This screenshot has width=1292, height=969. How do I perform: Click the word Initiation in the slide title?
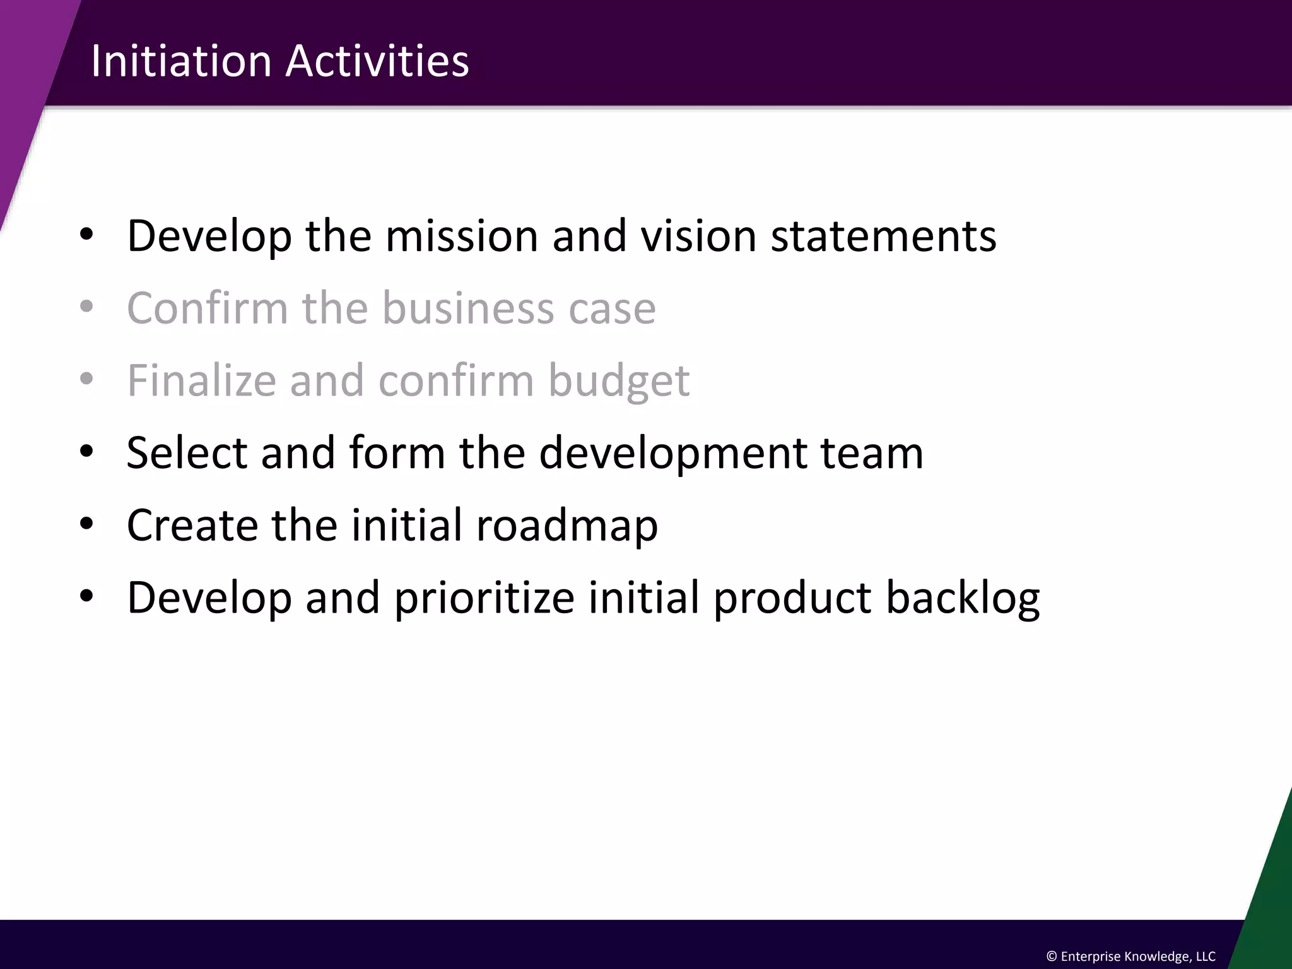point(181,61)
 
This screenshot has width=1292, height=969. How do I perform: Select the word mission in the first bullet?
point(461,236)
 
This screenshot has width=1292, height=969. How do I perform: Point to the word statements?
point(883,236)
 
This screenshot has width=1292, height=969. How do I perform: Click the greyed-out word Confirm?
point(208,308)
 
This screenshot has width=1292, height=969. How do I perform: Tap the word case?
point(612,309)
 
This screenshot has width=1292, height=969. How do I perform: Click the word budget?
point(619,382)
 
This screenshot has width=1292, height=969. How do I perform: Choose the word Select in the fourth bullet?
point(187,452)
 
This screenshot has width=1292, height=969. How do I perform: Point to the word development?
point(672,454)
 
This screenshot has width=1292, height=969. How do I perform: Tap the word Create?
point(192,525)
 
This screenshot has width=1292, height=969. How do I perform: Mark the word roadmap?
point(567,526)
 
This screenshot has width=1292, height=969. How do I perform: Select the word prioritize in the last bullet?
point(484,598)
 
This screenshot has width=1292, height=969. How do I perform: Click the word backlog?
point(963,598)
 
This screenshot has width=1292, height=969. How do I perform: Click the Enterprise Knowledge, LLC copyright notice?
point(1130,956)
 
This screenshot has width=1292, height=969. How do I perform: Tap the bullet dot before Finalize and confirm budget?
point(87,379)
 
